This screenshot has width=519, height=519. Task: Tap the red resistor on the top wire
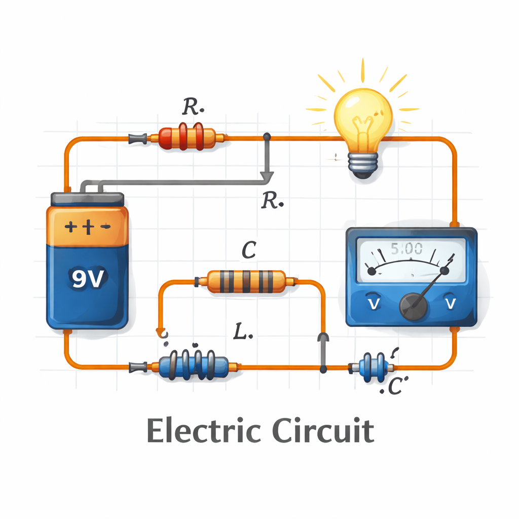[188, 137]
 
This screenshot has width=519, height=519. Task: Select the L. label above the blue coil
[246, 331]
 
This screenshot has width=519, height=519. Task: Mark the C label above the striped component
[248, 250]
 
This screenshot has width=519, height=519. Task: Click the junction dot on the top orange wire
[267, 137]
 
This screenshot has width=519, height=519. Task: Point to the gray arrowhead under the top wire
[267, 176]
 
